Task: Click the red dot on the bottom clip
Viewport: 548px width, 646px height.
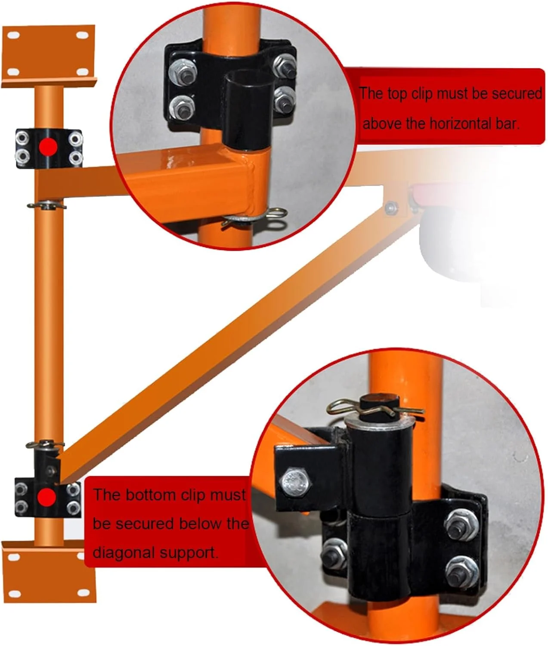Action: (x=47, y=497)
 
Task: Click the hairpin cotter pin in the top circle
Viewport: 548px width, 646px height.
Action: (x=255, y=217)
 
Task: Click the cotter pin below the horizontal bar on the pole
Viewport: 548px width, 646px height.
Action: (x=47, y=206)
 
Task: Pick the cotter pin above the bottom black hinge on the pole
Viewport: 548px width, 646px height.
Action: (x=46, y=444)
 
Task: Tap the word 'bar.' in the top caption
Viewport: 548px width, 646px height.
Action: (x=508, y=124)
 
